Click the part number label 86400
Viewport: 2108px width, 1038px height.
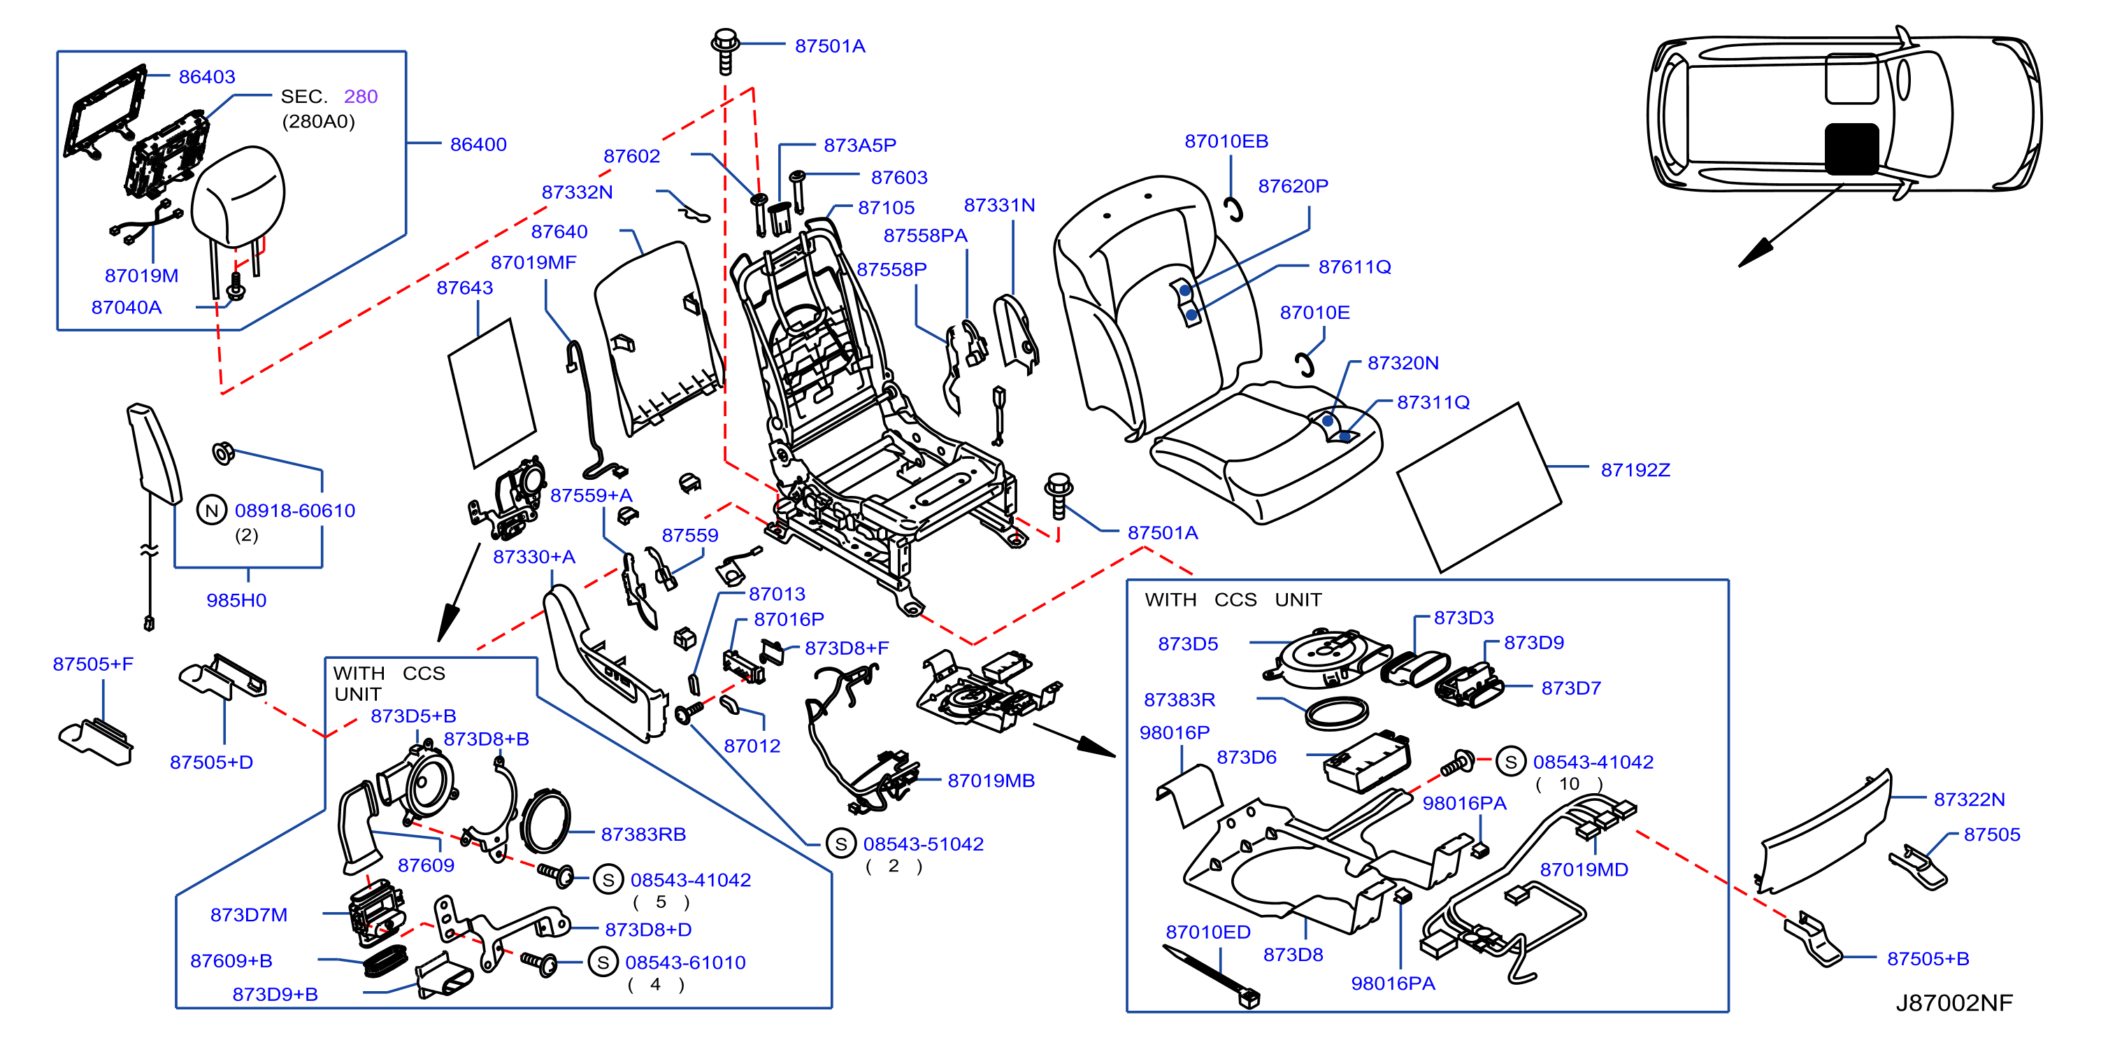tap(478, 145)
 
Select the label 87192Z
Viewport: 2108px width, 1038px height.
tap(1635, 470)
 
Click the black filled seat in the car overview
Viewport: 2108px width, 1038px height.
tap(1852, 149)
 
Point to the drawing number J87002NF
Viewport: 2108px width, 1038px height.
tap(1954, 1003)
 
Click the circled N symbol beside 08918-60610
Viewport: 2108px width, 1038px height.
tap(212, 511)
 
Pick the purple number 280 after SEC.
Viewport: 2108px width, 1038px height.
tap(361, 97)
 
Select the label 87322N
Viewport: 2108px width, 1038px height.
tap(1969, 799)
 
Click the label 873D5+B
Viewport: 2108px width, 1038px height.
tap(413, 716)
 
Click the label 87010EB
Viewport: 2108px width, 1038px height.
tap(1226, 141)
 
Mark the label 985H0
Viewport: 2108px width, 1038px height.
tap(236, 600)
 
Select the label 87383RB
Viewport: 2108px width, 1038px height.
tap(643, 834)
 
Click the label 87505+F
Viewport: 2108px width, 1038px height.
tap(93, 664)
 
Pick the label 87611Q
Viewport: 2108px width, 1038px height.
tap(1354, 267)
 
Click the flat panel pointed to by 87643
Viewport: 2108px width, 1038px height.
tap(492, 394)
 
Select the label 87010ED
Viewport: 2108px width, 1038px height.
tap(1208, 932)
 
